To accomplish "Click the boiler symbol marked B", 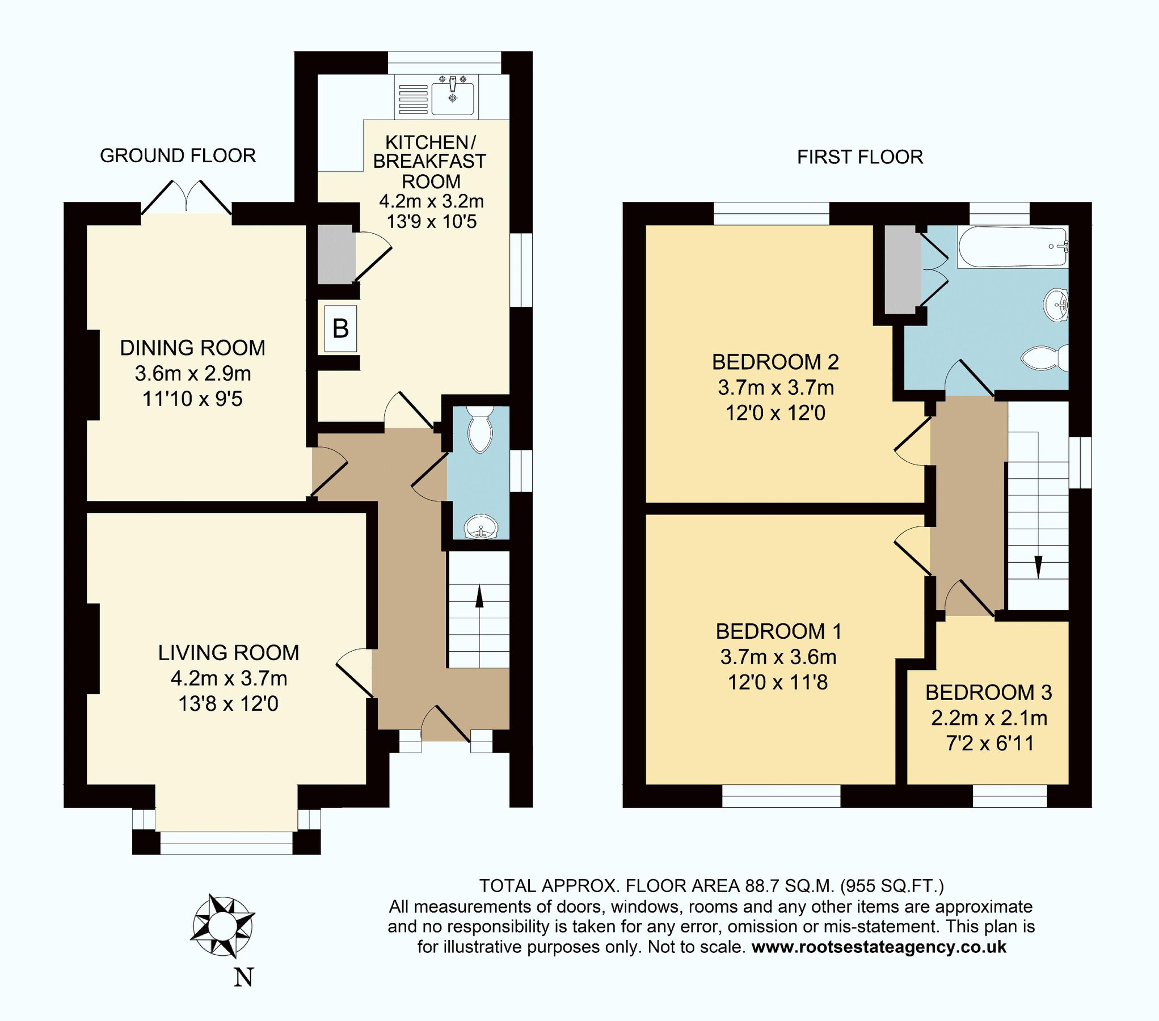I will coord(340,328).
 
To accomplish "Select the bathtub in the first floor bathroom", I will coord(1013,247).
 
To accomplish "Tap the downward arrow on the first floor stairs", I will coord(1038,566).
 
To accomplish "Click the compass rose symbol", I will coord(222,926).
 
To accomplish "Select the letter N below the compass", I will coord(243,977).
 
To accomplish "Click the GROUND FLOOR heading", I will coord(178,155).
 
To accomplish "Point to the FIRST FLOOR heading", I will coord(859,157).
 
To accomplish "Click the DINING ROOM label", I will coord(192,348).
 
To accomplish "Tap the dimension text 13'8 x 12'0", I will coord(228,704).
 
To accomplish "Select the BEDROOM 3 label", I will coord(988,692).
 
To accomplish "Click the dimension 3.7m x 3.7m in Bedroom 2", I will coord(776,387).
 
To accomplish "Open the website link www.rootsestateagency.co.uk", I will coord(879,947).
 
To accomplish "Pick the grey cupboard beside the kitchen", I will coord(335,254).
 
